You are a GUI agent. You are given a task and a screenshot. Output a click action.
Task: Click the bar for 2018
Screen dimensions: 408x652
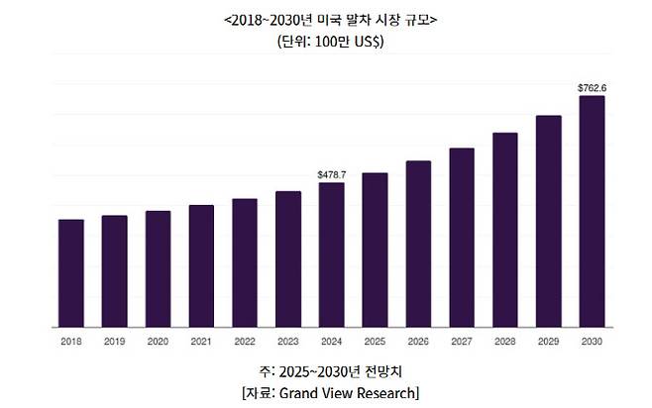[x=70, y=273]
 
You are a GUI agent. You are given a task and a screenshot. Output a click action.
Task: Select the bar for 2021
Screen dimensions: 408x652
[x=201, y=266]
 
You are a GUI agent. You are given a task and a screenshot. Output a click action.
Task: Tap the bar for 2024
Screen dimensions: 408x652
[x=332, y=255]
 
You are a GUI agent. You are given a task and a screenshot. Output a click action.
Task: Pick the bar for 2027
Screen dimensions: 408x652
[x=462, y=238]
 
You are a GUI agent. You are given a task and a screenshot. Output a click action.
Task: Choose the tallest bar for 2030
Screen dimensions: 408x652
[x=592, y=212]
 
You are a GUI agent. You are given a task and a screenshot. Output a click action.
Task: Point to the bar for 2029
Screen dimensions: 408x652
[x=549, y=221]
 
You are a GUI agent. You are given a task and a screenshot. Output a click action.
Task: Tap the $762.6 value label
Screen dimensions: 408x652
[x=592, y=88]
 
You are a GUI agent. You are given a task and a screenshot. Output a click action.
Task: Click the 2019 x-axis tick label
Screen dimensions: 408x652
[x=114, y=341]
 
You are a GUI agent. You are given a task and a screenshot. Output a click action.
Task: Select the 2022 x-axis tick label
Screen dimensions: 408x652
[x=245, y=341]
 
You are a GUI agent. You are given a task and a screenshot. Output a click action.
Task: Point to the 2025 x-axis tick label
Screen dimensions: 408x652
[x=375, y=341]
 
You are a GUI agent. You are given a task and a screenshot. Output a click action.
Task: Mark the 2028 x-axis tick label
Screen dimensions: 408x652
[x=505, y=341]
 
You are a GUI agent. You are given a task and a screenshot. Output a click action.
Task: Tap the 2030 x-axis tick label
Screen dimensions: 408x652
[x=592, y=341]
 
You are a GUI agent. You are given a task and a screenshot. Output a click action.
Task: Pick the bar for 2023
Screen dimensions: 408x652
[x=288, y=259]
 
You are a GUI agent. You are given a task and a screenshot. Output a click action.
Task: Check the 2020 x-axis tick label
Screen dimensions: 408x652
[x=158, y=341]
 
